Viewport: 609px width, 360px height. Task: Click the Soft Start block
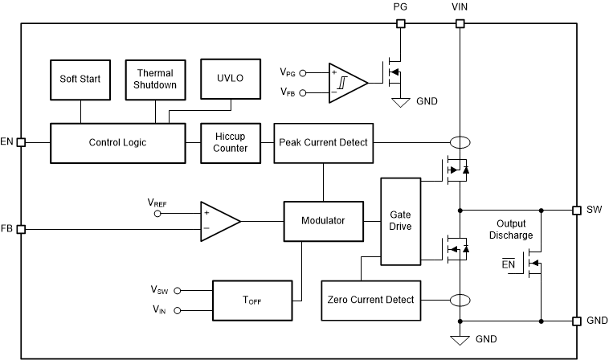[80, 79]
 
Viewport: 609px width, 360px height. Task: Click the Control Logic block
[117, 142]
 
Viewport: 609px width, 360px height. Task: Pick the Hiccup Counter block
[231, 142]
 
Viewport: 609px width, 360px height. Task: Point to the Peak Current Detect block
[323, 142]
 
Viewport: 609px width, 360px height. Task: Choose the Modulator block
[323, 220]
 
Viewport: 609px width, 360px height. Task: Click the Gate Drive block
[400, 221]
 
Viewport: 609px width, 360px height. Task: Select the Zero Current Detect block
[370, 300]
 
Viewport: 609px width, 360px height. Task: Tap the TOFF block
[251, 300]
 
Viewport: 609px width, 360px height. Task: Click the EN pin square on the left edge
[22, 142]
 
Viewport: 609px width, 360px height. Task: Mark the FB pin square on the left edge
[22, 229]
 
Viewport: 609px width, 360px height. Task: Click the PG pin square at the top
[400, 23]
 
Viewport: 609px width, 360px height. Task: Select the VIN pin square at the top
[460, 23]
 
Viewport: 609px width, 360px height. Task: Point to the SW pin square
[576, 210]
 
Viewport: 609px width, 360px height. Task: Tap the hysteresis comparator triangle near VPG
[345, 82]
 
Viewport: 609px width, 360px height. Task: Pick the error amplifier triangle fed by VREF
[219, 220]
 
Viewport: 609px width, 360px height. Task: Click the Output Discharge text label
[514, 229]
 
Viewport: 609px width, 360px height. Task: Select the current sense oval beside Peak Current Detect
[460, 143]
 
